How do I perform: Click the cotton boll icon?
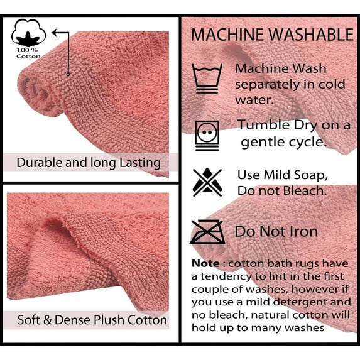28,33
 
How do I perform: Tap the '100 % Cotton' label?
28,53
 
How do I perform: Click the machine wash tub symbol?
207,79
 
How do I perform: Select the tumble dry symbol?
207,136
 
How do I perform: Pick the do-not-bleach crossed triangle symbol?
207,182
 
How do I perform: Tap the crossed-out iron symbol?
207,232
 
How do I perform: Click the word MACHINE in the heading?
227,35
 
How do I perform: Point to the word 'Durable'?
39,163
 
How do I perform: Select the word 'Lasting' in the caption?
140,163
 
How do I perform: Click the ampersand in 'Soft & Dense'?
47,320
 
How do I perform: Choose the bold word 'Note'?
205,263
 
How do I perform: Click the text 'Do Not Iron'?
276,231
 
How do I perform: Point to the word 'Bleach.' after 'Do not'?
305,190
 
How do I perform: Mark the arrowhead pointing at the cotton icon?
55,33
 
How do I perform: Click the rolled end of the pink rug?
40,95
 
